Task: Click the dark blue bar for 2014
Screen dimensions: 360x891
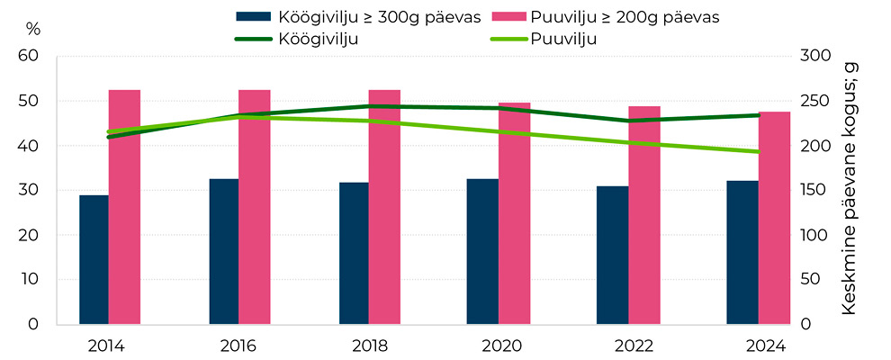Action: click(x=94, y=259)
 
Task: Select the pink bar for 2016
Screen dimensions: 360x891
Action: click(x=254, y=207)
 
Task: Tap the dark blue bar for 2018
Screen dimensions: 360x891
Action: click(x=354, y=253)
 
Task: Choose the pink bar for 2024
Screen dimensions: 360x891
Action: click(x=774, y=218)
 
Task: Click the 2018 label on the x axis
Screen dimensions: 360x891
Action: click(x=368, y=345)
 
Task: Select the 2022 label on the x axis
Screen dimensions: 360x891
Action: click(x=628, y=345)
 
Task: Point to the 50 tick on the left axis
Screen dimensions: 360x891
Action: click(x=30, y=101)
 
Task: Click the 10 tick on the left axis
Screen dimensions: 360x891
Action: click(x=30, y=279)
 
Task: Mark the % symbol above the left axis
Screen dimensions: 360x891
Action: click(x=33, y=28)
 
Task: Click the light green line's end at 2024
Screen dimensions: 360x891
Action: click(x=759, y=151)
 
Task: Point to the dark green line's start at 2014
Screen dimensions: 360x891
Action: click(x=109, y=137)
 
